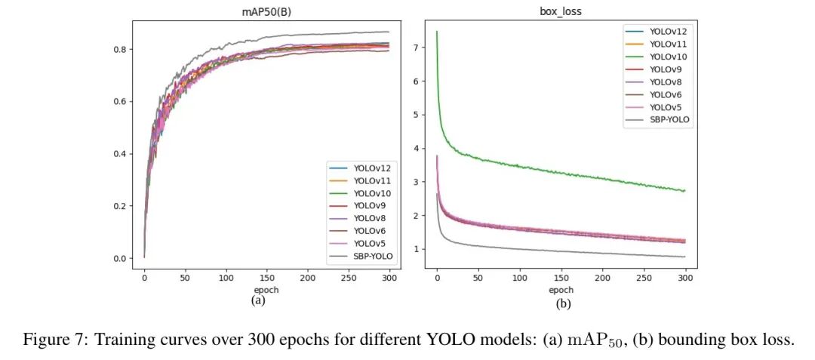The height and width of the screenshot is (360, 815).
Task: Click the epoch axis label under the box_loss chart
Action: (561, 289)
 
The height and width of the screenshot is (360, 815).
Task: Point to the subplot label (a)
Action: (259, 300)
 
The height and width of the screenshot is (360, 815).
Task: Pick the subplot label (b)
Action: (562, 305)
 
